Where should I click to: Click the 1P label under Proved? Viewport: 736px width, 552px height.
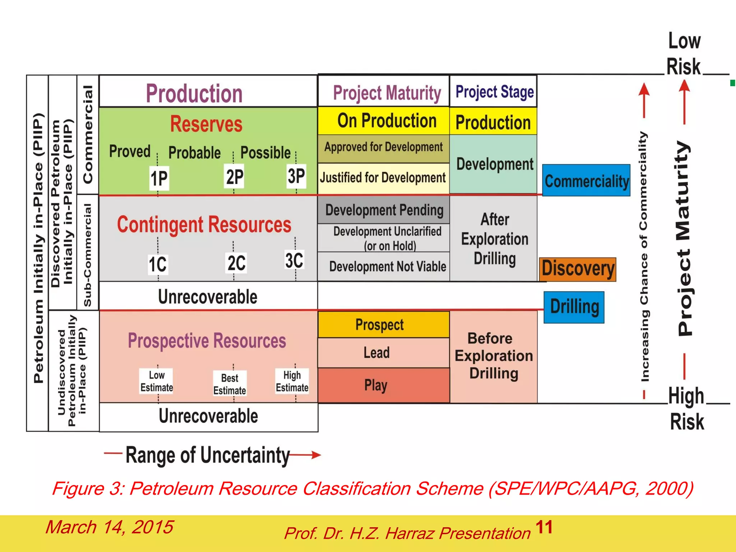[159, 178]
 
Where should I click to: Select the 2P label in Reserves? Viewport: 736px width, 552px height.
[234, 176]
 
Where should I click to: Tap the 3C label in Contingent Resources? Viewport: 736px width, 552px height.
[294, 260]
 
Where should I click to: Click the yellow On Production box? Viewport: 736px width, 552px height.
[383, 121]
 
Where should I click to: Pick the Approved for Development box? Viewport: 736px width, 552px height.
[383, 147]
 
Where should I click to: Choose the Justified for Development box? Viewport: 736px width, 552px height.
[383, 178]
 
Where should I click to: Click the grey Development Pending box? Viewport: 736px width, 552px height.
[383, 210]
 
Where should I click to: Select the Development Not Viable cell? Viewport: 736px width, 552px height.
[383, 267]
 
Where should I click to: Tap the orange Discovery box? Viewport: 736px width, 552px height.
[578, 269]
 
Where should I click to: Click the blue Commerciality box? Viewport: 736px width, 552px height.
[586, 180]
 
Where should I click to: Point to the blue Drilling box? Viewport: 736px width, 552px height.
[574, 307]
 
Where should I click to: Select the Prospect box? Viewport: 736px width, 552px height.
[383, 325]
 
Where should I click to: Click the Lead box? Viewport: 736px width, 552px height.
[383, 353]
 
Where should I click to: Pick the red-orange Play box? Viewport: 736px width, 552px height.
[383, 385]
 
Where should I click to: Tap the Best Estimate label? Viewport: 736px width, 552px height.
[230, 384]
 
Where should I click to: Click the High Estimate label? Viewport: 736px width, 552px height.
[292, 381]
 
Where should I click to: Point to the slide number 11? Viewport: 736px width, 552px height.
[544, 527]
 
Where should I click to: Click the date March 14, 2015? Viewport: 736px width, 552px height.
[109, 527]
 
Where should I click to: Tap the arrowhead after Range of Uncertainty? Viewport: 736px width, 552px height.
[316, 455]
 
